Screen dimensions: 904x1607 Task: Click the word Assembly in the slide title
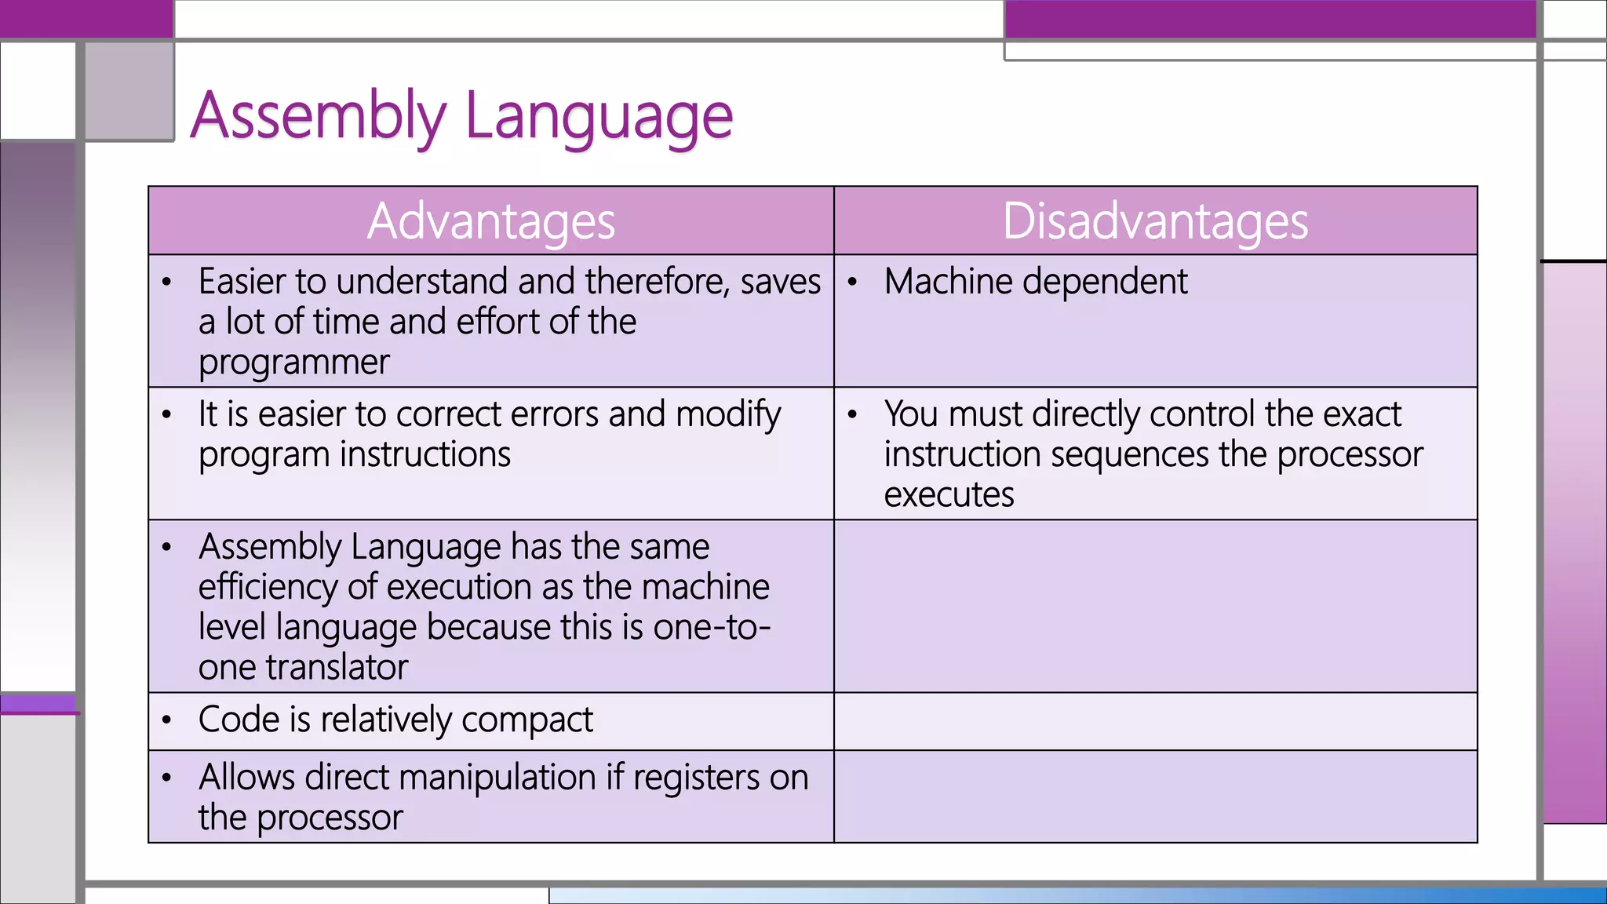pos(318,116)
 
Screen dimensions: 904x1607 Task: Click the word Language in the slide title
pos(599,116)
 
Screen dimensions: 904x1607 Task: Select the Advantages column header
pos(491,221)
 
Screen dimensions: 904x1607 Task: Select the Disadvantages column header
pos(1155,221)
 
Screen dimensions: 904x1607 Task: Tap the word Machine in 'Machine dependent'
pos(948,281)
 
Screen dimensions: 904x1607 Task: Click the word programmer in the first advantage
pos(293,363)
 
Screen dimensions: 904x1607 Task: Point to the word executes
pos(949,495)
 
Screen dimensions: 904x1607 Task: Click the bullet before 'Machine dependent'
pos(853,282)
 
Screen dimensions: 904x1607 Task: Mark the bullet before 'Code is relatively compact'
pos(166,720)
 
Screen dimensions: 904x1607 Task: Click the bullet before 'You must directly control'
pos(853,415)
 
